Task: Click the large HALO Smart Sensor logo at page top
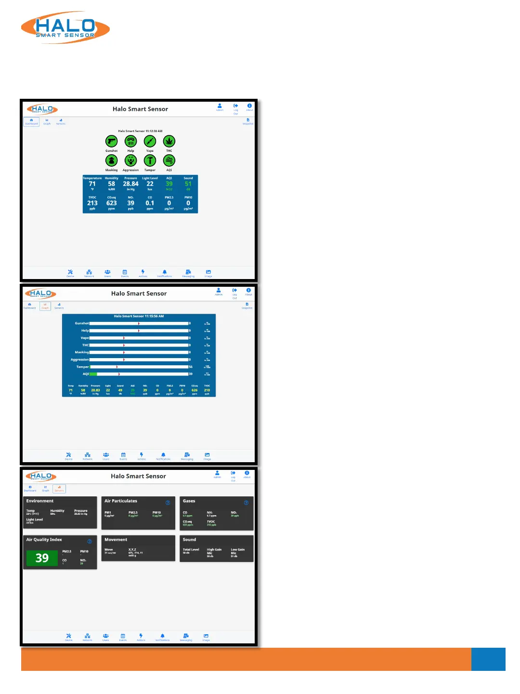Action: click(x=65, y=28)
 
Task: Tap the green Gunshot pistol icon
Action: click(x=111, y=141)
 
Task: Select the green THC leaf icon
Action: click(x=169, y=141)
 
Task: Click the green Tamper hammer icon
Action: click(x=150, y=160)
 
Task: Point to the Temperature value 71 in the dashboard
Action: click(x=92, y=184)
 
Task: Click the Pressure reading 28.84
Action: click(x=130, y=184)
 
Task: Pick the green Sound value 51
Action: click(x=188, y=184)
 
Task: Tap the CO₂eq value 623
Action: click(x=111, y=203)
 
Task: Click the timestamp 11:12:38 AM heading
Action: click(x=140, y=131)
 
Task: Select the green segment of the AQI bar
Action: click(x=93, y=374)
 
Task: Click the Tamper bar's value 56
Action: click(x=191, y=367)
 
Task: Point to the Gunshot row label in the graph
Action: click(x=81, y=323)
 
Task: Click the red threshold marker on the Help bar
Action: click(x=139, y=331)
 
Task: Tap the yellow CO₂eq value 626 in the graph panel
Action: click(x=195, y=390)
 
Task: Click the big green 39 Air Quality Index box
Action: click(x=42, y=558)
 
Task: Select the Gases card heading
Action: click(x=189, y=501)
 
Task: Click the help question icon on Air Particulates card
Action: click(x=168, y=503)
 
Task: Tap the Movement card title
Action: click(x=116, y=540)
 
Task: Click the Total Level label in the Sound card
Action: click(x=191, y=549)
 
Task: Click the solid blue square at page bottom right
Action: click(x=488, y=659)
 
